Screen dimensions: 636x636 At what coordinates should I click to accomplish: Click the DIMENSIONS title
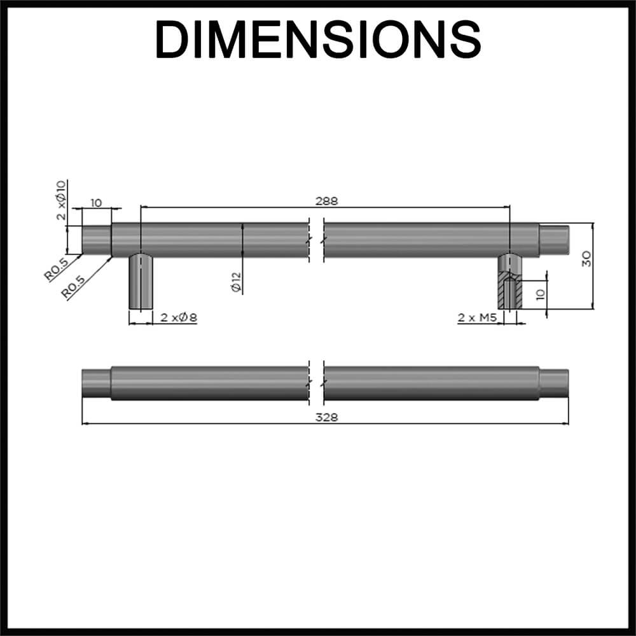pyautogui.click(x=318, y=39)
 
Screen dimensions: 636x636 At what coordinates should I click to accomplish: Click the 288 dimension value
pyautogui.click(x=326, y=201)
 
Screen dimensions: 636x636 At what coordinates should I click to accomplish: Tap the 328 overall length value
pyautogui.click(x=326, y=417)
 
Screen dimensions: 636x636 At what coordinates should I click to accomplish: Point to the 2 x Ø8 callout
pyautogui.click(x=179, y=317)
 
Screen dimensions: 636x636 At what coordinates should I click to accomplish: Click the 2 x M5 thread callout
pyautogui.click(x=478, y=317)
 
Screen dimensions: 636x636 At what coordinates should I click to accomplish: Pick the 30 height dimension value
pyautogui.click(x=586, y=259)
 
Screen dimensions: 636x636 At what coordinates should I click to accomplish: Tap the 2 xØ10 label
pyautogui.click(x=61, y=200)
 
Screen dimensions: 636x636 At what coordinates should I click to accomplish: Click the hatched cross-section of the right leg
pyautogui.click(x=510, y=289)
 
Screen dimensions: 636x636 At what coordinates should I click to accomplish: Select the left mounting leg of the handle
pyautogui.click(x=141, y=282)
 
